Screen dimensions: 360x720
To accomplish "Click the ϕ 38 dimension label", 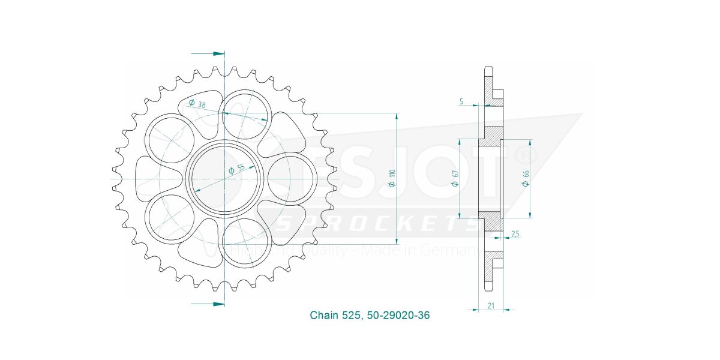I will click(x=196, y=103).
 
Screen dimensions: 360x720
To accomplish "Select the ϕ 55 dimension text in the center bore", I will click(x=236, y=169).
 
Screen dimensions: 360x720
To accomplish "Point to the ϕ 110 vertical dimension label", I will click(x=391, y=179).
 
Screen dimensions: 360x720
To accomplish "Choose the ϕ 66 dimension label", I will click(x=525, y=179).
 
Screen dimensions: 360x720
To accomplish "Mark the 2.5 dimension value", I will click(x=515, y=233).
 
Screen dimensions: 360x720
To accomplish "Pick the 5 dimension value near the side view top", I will click(x=461, y=102).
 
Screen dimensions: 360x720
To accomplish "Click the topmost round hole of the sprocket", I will click(x=245, y=113).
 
